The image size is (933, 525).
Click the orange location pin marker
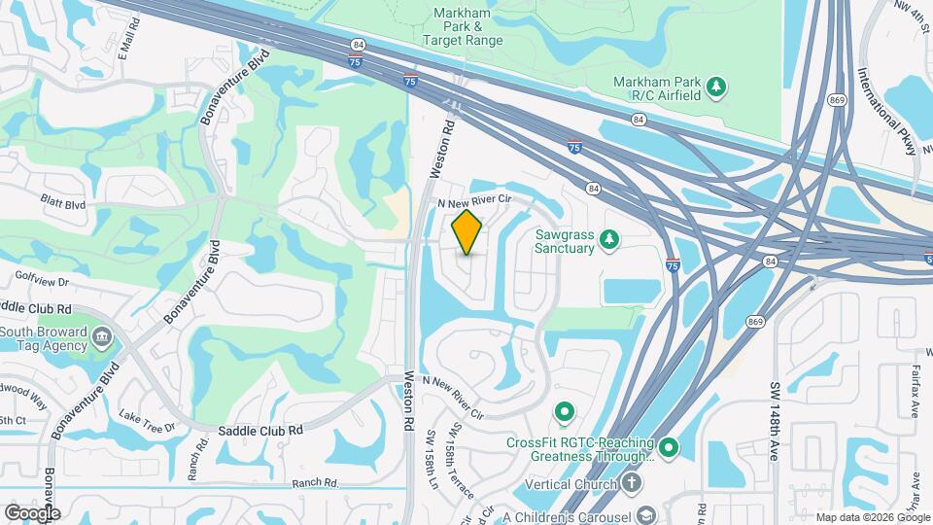point(467,232)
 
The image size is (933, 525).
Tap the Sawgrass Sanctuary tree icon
point(608,239)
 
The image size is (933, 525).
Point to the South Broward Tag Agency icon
point(102,339)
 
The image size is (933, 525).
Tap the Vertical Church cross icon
point(632,484)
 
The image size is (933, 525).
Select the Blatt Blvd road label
point(63,204)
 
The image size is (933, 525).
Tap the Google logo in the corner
point(32,512)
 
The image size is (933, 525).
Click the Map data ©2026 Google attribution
point(871,517)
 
